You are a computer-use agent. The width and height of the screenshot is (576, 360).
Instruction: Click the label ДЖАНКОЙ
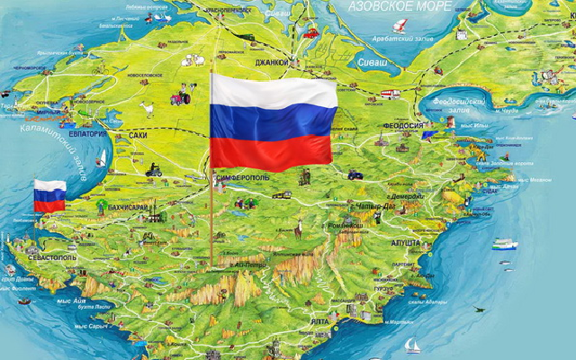pyautogui.click(x=271, y=62)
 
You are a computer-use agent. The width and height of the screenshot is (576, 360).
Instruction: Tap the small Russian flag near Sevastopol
pyautogui.click(x=49, y=195)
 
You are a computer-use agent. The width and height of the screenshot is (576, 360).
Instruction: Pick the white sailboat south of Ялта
pyautogui.click(x=411, y=344)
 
